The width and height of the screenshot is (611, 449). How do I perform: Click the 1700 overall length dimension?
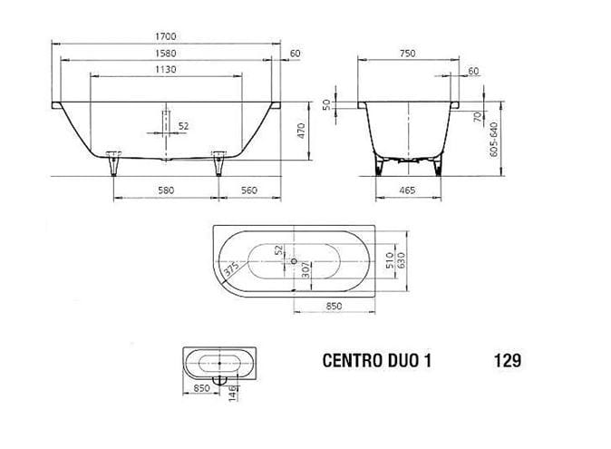(x=166, y=36)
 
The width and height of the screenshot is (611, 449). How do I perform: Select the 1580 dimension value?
(x=166, y=53)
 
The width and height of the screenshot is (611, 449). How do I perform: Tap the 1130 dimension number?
(x=166, y=69)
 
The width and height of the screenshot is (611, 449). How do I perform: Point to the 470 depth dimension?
(x=301, y=131)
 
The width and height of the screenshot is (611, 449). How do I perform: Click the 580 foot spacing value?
(x=166, y=190)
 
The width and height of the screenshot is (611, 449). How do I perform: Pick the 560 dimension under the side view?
(x=248, y=190)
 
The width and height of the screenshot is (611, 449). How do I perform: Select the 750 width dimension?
(x=407, y=53)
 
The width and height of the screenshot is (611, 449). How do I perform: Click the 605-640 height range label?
(x=494, y=140)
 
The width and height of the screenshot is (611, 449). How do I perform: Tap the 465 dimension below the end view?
(x=407, y=190)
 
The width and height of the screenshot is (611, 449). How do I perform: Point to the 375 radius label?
(x=230, y=268)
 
